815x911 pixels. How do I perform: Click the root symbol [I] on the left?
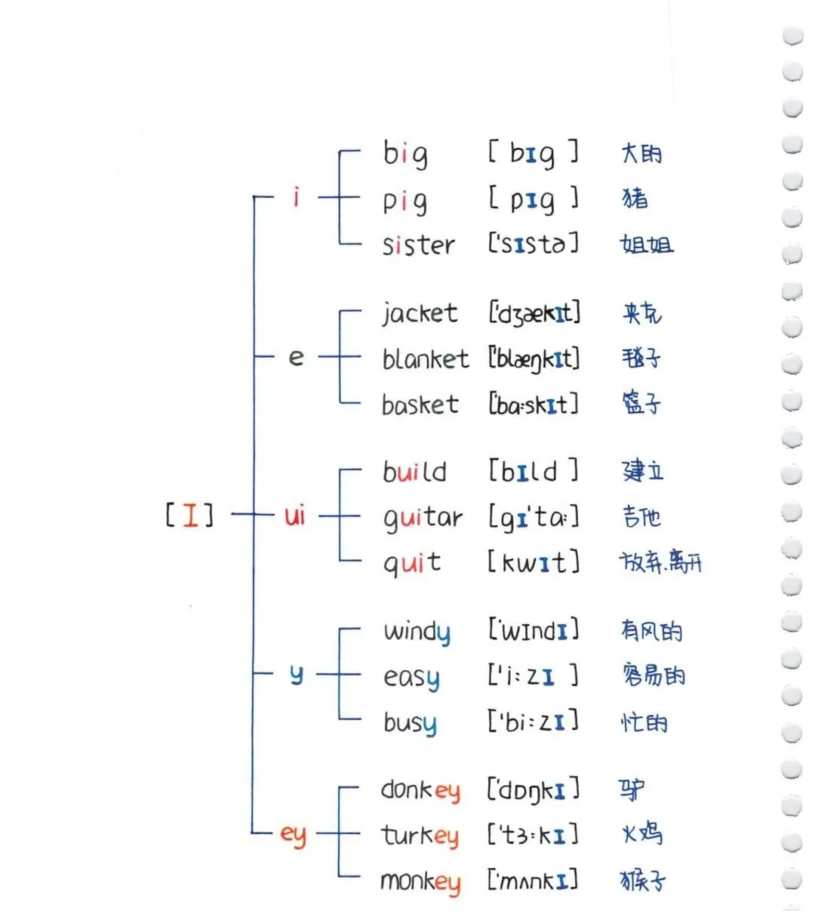[189, 516]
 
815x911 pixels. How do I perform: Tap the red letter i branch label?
[296, 198]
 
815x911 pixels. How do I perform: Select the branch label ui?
[294, 516]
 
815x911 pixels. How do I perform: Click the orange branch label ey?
[293, 835]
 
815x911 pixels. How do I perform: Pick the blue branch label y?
[296, 674]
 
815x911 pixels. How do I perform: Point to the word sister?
[419, 245]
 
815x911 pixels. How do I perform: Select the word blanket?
[425, 359]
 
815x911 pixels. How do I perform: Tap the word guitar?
[423, 519]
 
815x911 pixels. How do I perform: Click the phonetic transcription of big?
[533, 154]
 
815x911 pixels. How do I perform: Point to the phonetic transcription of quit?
[534, 562]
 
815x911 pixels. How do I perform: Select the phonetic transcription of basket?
[534, 405]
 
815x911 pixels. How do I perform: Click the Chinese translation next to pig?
[635, 199]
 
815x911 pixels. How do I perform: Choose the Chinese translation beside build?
[643, 471]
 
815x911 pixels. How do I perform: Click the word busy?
[410, 723]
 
